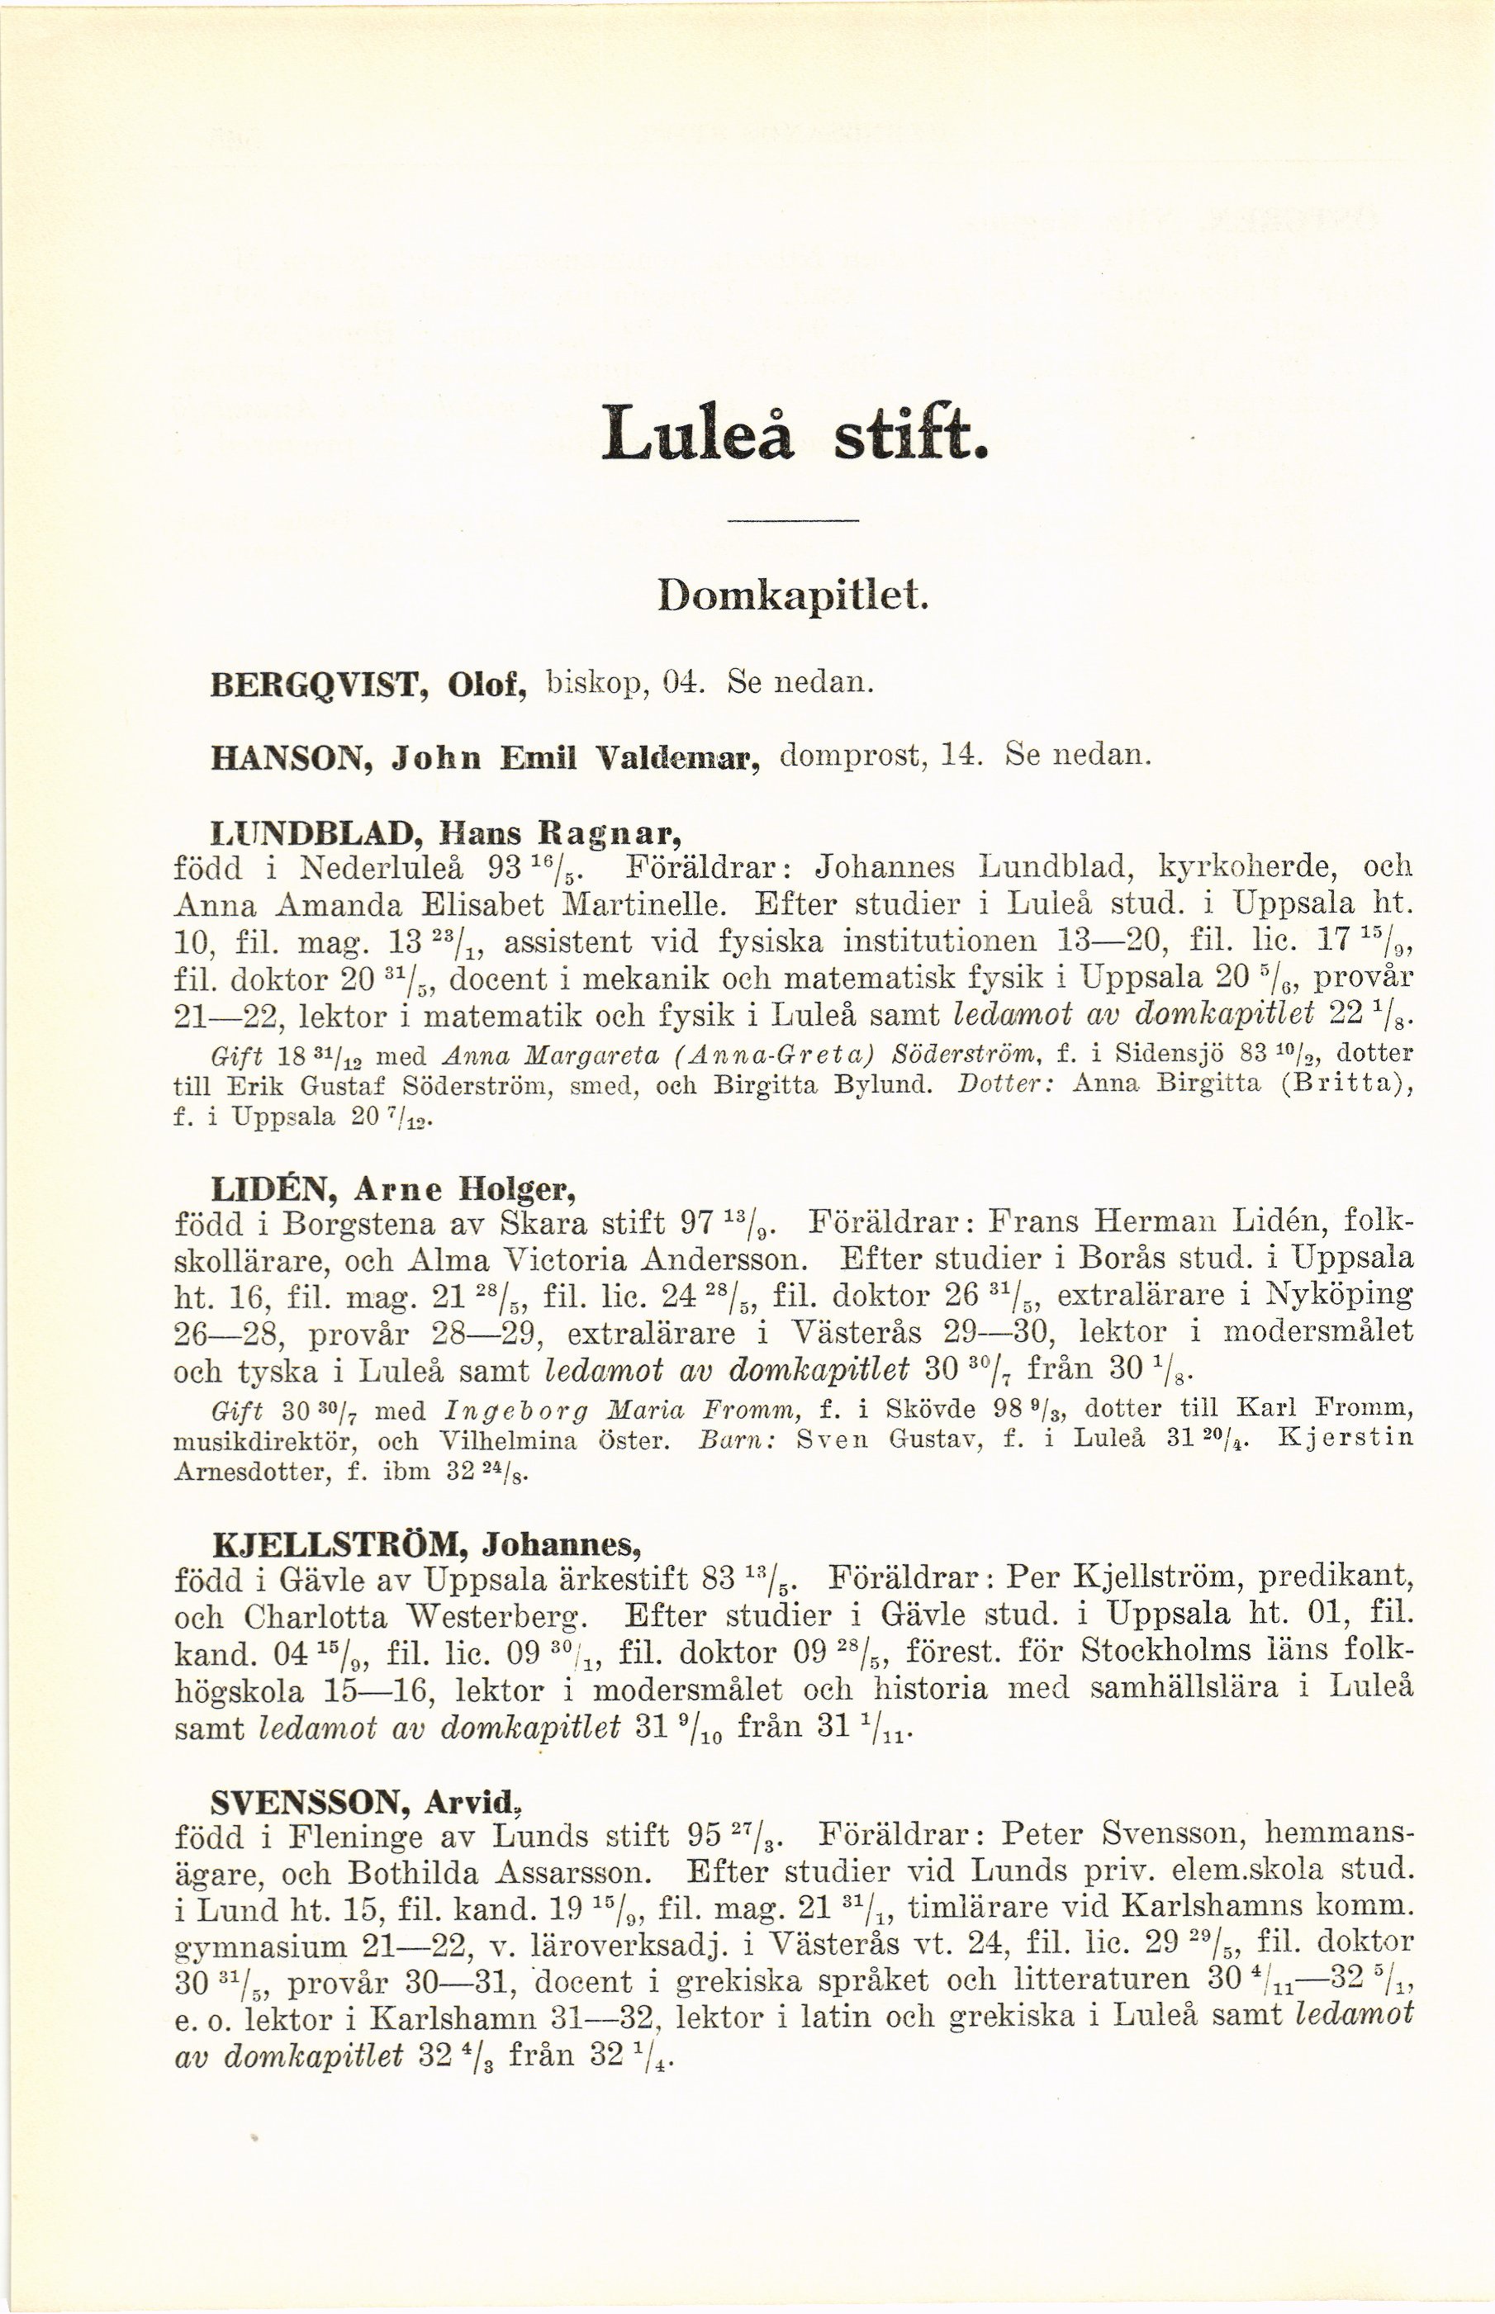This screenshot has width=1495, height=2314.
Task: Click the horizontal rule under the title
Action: coord(793,524)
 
